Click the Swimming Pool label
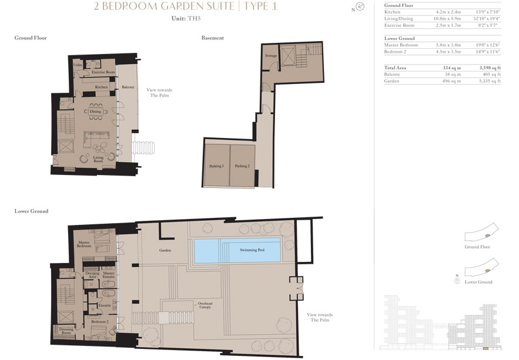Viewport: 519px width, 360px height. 252,250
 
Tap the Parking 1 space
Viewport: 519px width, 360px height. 216,166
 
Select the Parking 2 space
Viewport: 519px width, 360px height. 242,166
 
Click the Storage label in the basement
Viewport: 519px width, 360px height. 270,56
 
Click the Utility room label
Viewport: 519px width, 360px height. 78,64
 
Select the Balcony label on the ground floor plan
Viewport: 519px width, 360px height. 128,88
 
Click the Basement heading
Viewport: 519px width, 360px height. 212,38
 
